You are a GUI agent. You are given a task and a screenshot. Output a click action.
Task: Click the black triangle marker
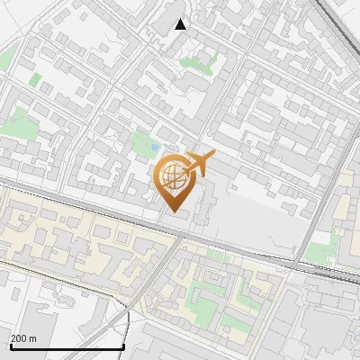tap(180, 24)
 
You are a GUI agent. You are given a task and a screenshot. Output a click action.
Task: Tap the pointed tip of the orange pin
tap(172, 211)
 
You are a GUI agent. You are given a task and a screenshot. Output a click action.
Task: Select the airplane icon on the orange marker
tap(199, 163)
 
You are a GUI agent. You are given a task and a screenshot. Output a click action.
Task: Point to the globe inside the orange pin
tap(171, 175)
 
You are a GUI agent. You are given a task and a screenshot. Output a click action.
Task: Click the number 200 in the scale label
tap(19, 338)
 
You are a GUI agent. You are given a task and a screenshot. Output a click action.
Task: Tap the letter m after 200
tap(32, 338)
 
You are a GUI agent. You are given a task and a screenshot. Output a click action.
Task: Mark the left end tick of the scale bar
tap(10, 346)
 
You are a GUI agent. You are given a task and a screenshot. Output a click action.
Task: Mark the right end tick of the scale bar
tap(123, 346)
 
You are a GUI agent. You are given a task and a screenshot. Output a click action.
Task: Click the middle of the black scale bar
tap(67, 347)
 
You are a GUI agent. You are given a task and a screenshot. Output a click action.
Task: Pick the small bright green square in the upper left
tap(35, 79)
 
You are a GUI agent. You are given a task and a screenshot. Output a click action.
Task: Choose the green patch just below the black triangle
tap(191, 63)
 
